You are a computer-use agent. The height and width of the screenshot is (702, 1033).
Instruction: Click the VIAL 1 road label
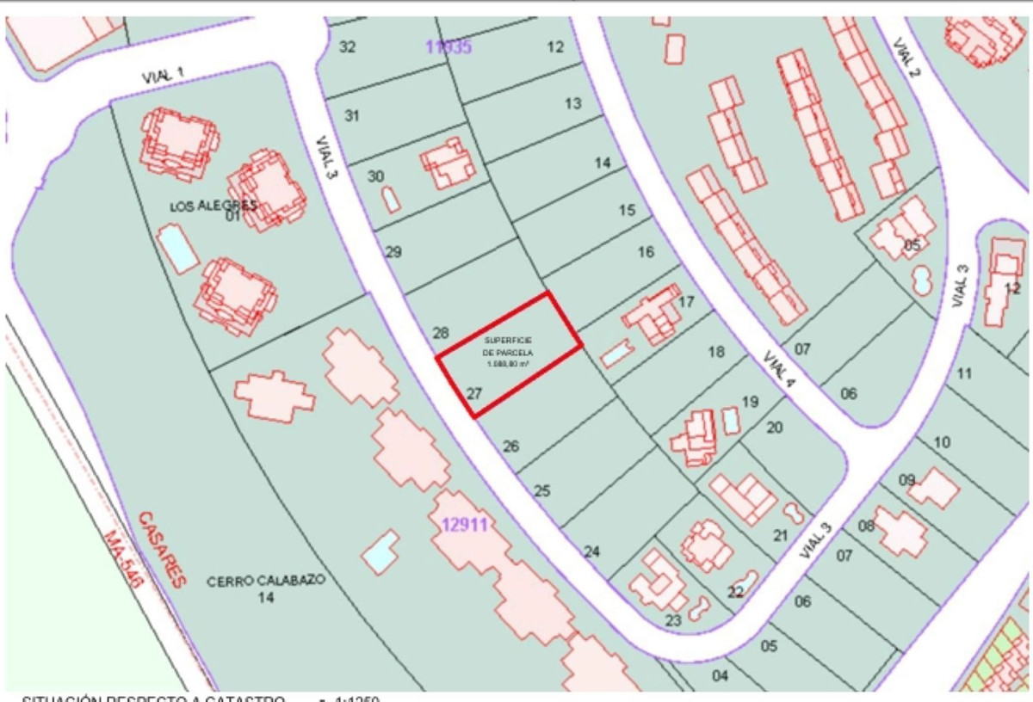[x=163, y=75]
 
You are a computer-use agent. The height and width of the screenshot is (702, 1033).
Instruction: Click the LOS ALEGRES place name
[x=213, y=206]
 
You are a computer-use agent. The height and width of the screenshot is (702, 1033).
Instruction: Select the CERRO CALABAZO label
[x=266, y=581]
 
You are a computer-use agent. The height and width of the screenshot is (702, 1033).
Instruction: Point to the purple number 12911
[x=465, y=524]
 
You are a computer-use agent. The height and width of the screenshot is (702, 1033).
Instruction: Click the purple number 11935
[x=448, y=47]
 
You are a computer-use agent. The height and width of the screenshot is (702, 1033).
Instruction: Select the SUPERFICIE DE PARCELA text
[x=508, y=352]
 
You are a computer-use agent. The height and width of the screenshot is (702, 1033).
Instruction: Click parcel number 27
[x=473, y=394]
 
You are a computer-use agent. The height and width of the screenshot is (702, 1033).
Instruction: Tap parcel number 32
[x=347, y=46]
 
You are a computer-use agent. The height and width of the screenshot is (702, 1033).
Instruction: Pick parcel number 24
[x=591, y=551]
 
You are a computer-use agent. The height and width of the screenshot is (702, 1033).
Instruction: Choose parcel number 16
[x=646, y=252]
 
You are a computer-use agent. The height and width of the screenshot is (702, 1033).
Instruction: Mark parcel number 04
[x=720, y=674]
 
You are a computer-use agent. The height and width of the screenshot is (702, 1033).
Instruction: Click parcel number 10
[x=942, y=442]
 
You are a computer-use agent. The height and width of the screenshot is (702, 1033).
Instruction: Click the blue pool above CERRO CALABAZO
[x=380, y=551]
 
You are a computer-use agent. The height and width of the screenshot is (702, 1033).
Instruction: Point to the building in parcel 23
[x=659, y=582]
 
